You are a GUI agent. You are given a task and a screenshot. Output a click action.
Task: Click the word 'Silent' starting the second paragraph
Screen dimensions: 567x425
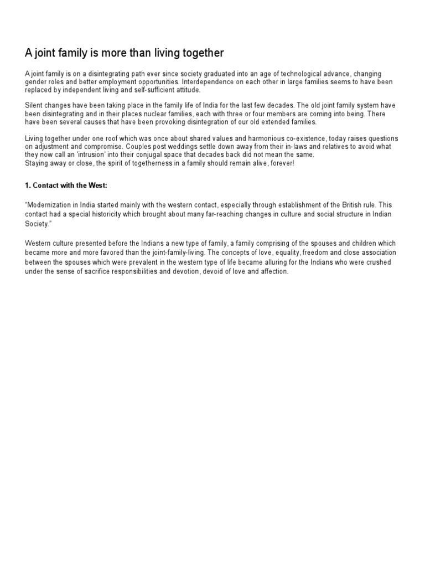tap(34, 106)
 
